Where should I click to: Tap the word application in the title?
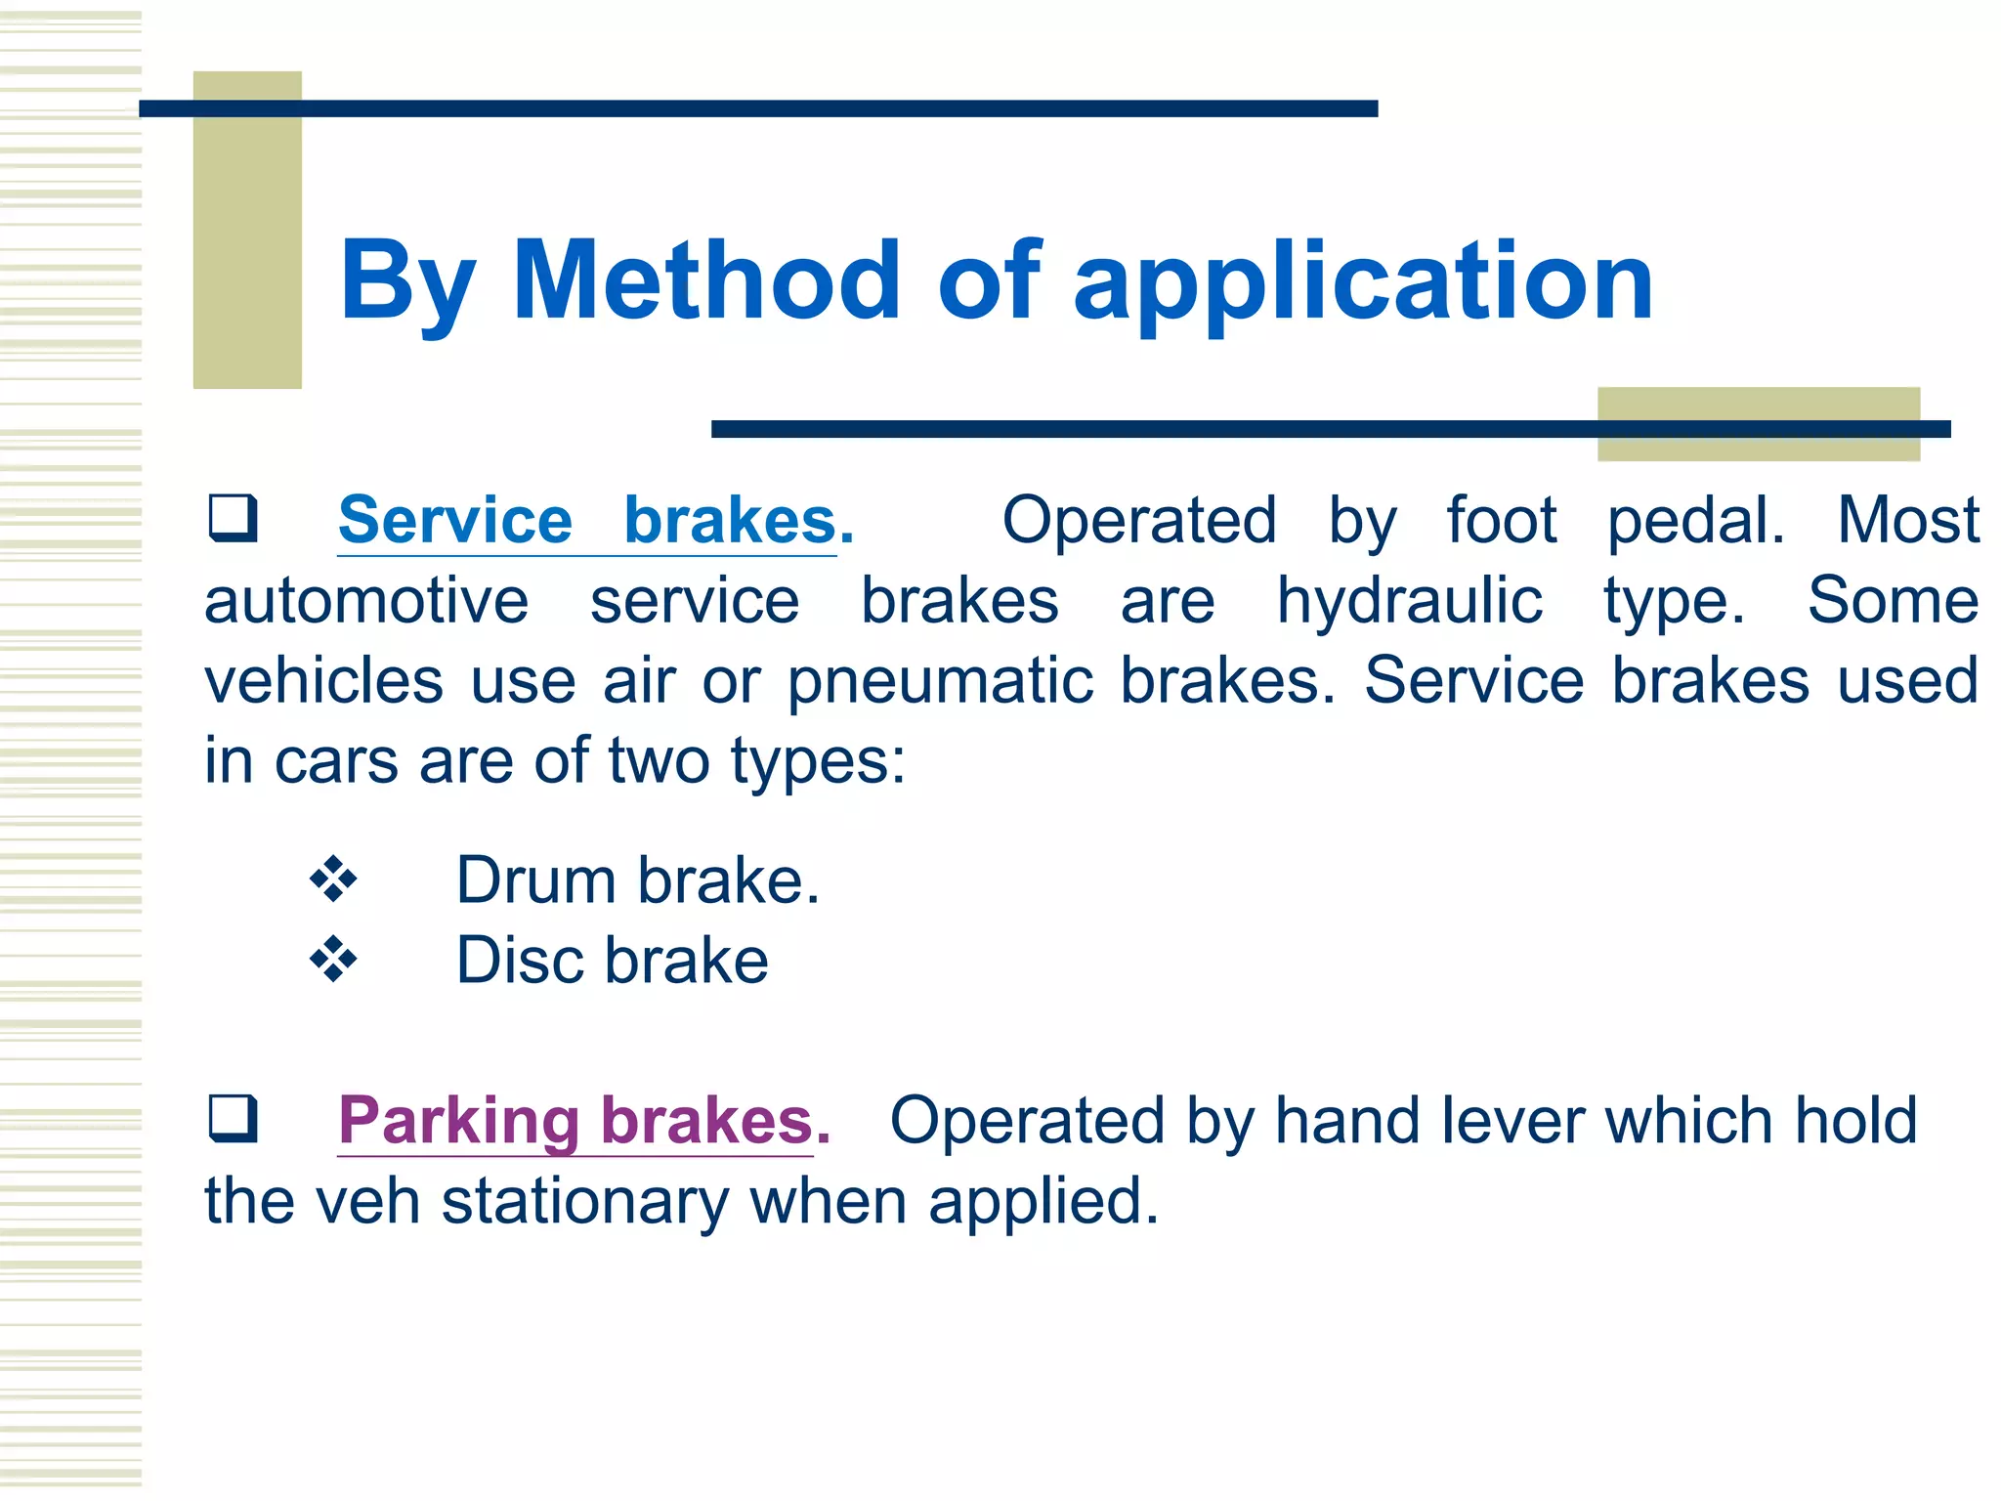[1363, 283]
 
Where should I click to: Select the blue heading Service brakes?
[595, 520]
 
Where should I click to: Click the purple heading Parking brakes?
[583, 1120]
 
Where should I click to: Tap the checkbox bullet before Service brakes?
[233, 518]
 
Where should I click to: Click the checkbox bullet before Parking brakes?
[233, 1118]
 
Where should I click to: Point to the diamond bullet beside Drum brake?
[333, 879]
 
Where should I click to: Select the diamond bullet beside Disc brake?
[333, 960]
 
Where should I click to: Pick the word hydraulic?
[1410, 601]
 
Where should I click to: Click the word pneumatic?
[940, 681]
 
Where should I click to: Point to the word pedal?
[1695, 521]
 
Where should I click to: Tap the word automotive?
[366, 601]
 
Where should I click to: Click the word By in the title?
[407, 283]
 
